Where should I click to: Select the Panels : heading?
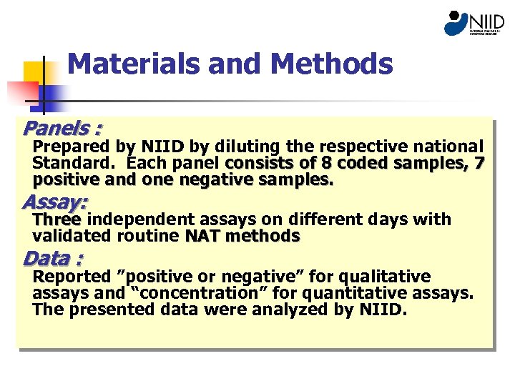pyautogui.click(x=62, y=129)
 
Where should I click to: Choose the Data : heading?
pyautogui.click(x=52, y=258)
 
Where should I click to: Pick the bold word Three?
pyautogui.click(x=57, y=219)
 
